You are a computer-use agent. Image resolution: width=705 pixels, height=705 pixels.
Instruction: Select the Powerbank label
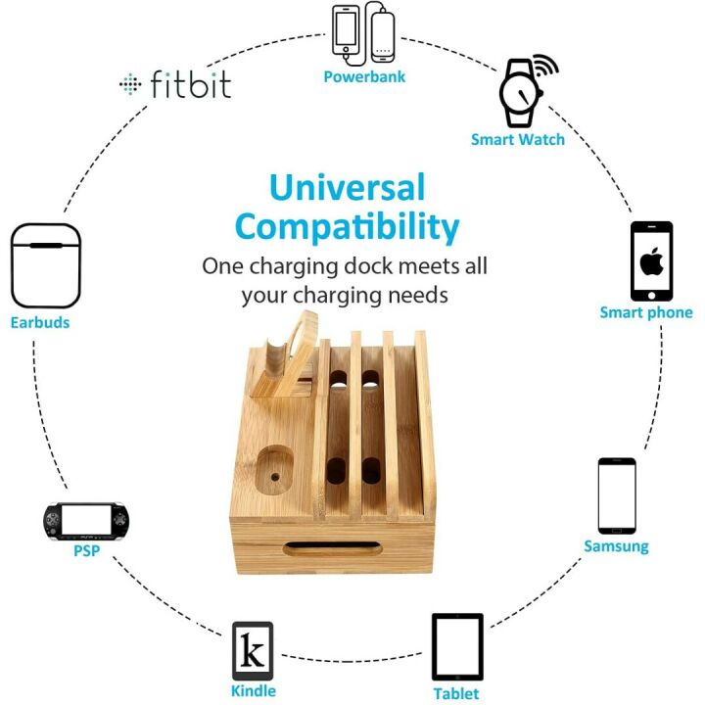click(364, 76)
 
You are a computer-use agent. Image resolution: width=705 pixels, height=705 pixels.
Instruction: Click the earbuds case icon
click(45, 266)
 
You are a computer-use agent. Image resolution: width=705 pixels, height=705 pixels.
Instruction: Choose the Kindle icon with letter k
click(252, 650)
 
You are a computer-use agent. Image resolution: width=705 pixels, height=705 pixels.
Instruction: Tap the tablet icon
click(457, 646)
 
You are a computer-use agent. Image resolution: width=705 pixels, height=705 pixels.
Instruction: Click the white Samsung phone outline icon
click(617, 494)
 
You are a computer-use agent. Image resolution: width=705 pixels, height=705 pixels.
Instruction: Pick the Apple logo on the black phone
click(651, 261)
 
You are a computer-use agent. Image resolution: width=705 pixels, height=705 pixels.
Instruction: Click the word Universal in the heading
click(348, 187)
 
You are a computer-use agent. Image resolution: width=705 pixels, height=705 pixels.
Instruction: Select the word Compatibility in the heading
click(348, 227)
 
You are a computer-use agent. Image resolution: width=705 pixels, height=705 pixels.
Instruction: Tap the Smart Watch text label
click(518, 139)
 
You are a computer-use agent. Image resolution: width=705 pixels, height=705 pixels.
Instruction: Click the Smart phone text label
click(646, 313)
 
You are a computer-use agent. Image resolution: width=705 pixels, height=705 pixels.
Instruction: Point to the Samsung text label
click(617, 545)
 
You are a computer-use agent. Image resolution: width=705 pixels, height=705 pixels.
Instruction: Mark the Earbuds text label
click(40, 321)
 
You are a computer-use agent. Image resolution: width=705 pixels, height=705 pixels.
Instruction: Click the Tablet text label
click(456, 694)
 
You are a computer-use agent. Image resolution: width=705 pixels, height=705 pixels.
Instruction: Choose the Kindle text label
click(253, 691)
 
